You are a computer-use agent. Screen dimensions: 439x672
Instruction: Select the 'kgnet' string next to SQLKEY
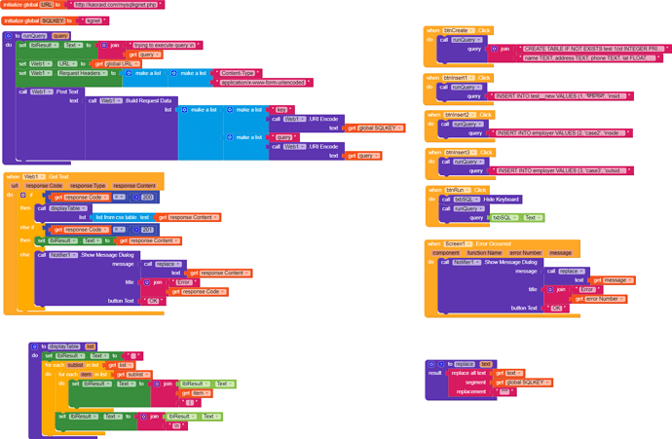click(x=93, y=20)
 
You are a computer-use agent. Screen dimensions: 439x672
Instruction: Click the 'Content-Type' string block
click(x=238, y=73)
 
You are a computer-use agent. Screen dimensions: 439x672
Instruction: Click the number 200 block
click(x=146, y=197)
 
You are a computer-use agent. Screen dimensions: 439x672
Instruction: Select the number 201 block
click(x=146, y=230)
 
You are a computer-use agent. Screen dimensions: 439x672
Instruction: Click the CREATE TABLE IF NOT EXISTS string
click(x=579, y=48)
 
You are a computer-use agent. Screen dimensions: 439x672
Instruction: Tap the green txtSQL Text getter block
click(x=519, y=217)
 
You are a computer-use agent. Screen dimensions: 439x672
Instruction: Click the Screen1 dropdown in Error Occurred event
click(x=457, y=243)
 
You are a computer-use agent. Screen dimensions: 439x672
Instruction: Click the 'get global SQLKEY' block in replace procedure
click(x=526, y=383)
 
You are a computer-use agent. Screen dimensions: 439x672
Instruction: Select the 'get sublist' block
click(x=136, y=374)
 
